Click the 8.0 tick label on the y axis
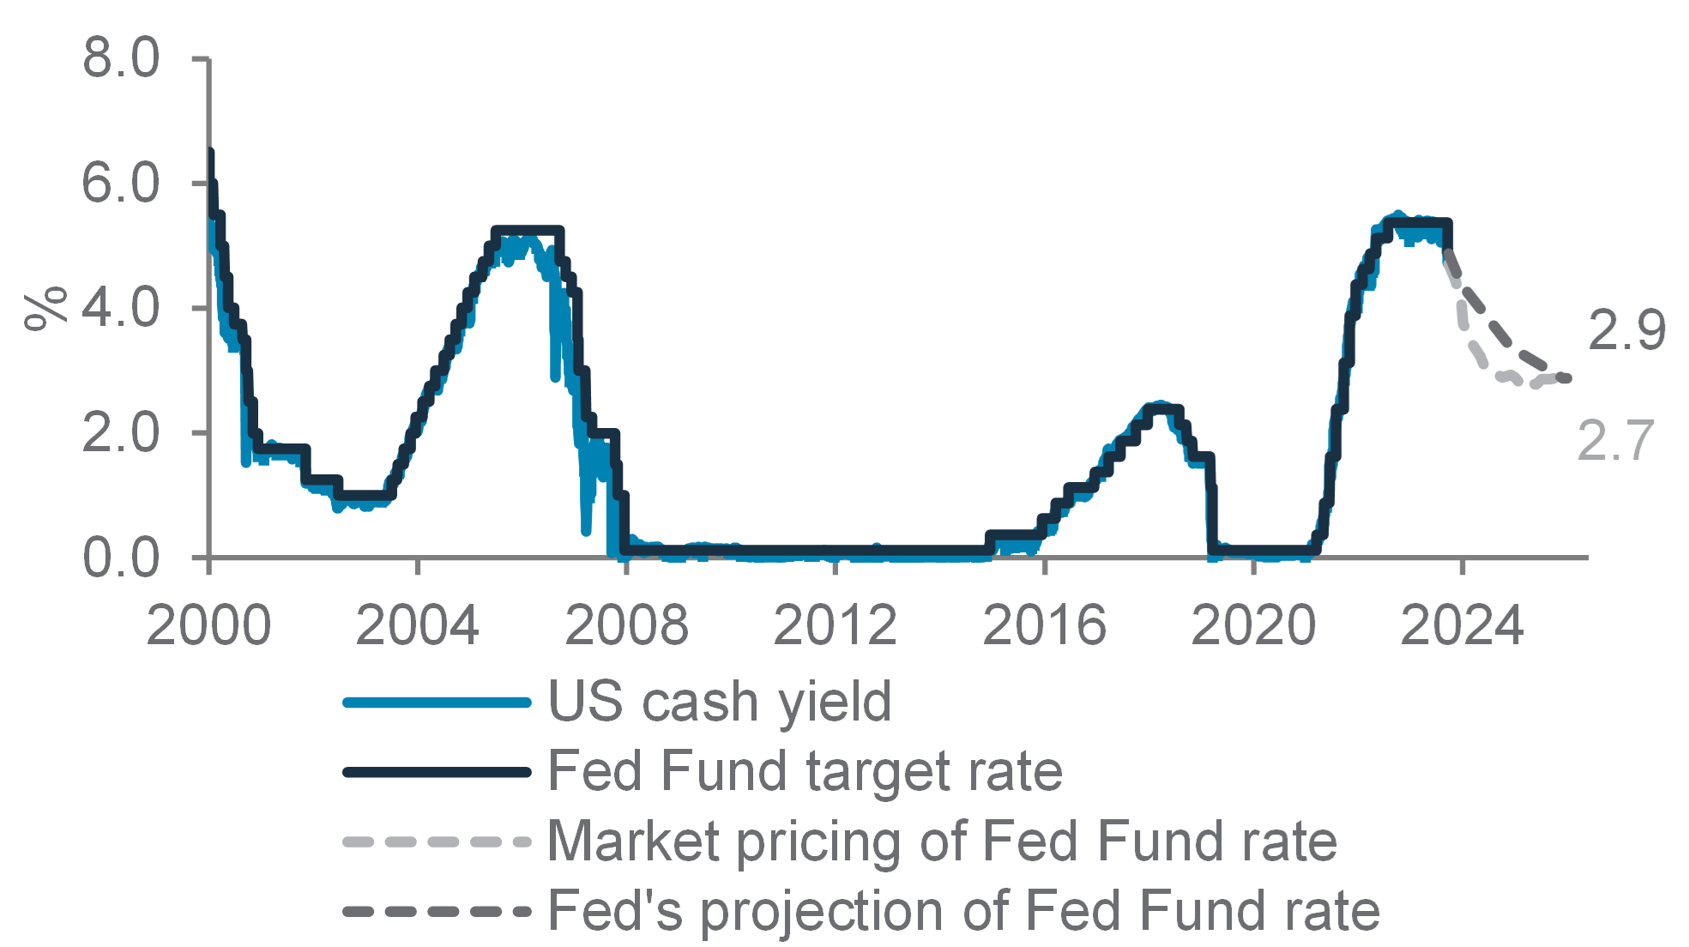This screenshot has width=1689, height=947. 121,59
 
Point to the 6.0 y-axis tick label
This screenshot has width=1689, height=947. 121,184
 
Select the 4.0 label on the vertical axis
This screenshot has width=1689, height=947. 121,308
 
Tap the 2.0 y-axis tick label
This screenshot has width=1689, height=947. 121,433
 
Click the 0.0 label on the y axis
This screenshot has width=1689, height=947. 121,558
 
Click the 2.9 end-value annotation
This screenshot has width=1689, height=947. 1626,329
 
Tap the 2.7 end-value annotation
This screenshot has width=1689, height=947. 1614,441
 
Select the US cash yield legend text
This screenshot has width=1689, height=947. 720,703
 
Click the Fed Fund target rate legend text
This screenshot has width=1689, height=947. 805,771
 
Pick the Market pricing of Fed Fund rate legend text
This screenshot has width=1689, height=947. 943,841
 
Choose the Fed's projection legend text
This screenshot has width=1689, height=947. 964,910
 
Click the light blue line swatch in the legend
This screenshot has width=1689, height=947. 437,703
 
